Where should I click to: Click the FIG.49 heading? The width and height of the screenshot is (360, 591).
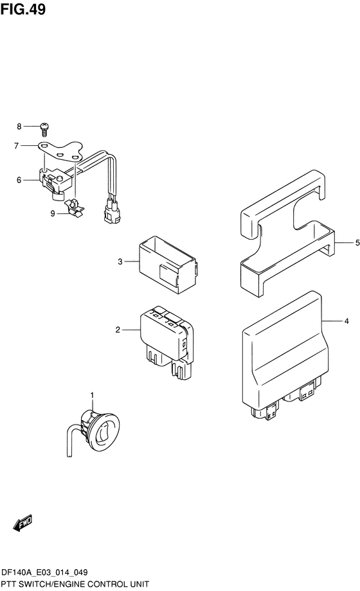(23, 9)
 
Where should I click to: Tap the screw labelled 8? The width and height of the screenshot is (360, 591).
(44, 129)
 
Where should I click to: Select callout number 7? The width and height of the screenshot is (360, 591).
(16, 145)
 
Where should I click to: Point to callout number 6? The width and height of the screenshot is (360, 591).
(19, 180)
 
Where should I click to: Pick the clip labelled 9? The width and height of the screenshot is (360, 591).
(75, 208)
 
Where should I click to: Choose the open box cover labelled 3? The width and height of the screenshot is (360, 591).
(168, 265)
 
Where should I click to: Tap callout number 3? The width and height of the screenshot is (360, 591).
(120, 261)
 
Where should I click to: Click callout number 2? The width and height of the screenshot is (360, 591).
(118, 330)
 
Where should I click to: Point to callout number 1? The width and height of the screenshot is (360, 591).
(92, 395)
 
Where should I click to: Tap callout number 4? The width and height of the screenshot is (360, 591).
(346, 321)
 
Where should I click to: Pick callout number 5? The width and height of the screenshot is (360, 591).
(357, 243)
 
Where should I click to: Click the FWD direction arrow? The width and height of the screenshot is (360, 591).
(22, 523)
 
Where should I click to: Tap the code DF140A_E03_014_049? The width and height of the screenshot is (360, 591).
(44, 572)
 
